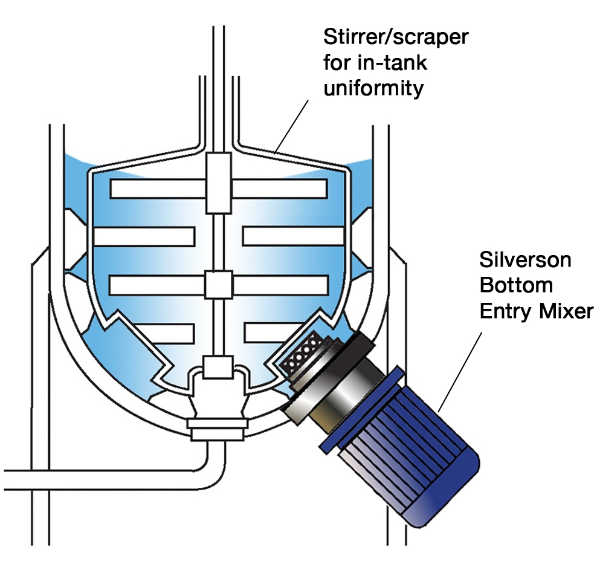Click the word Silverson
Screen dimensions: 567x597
(524, 261)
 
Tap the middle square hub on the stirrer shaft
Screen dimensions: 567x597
(218, 284)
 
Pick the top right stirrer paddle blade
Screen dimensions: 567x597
(279, 189)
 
